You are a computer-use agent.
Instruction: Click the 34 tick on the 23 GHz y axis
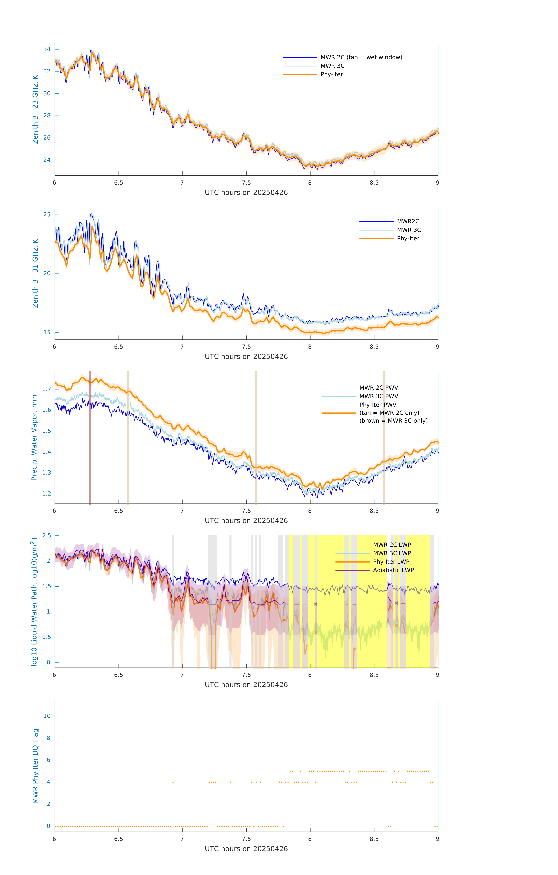[x=47, y=49]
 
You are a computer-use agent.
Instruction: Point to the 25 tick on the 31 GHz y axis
[x=47, y=214]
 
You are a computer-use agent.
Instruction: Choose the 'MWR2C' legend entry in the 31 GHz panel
[x=408, y=221]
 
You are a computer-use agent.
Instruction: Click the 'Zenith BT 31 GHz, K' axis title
[x=35, y=273]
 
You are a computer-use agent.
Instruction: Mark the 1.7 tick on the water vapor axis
[x=47, y=389]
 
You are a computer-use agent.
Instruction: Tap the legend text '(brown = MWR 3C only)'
[x=393, y=421]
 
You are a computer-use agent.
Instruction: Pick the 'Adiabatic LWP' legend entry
[x=393, y=570]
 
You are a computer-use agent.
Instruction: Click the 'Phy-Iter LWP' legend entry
[x=391, y=562]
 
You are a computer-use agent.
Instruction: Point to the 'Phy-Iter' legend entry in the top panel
[x=332, y=75]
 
